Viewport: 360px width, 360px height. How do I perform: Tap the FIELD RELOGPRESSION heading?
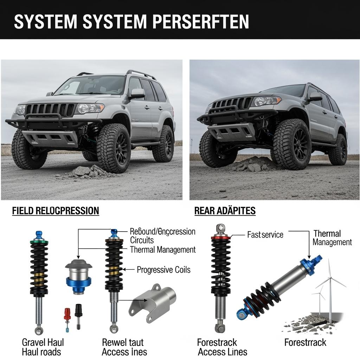(x=56, y=211)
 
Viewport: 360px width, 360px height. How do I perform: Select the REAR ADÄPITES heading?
(x=225, y=211)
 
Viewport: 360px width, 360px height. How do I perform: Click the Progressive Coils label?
(x=163, y=270)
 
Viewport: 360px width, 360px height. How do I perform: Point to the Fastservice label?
(x=265, y=234)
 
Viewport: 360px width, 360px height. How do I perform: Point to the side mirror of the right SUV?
(x=315, y=97)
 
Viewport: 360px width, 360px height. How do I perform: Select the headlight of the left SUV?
(x=90, y=108)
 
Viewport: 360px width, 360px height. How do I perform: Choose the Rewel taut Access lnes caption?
(x=124, y=347)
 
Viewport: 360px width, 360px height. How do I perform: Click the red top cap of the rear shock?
(x=220, y=237)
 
